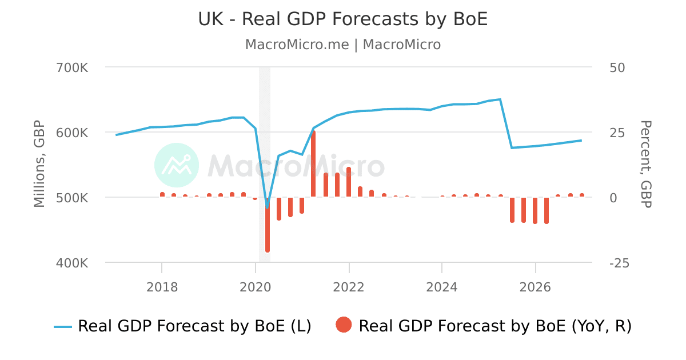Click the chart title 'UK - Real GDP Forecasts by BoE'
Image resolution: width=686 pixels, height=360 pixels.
pos(342,19)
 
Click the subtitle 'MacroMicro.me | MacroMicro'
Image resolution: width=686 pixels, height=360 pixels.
pos(342,45)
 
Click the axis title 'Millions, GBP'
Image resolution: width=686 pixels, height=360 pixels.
pos(39,164)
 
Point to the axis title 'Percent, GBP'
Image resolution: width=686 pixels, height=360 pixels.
pos(646,164)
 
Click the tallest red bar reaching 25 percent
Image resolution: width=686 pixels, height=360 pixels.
pos(313,163)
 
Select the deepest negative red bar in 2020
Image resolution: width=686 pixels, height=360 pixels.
pos(267,226)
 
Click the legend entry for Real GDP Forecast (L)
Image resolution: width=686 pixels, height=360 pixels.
pos(183,326)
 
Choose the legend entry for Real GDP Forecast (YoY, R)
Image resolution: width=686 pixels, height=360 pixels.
pos(494,326)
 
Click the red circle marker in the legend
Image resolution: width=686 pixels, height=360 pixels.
pos(344,326)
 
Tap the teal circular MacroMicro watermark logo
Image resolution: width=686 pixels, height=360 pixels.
pos(177,165)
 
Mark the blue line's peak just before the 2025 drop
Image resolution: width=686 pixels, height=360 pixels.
pos(500,99)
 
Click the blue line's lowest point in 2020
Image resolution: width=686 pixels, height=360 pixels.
pos(267,205)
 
